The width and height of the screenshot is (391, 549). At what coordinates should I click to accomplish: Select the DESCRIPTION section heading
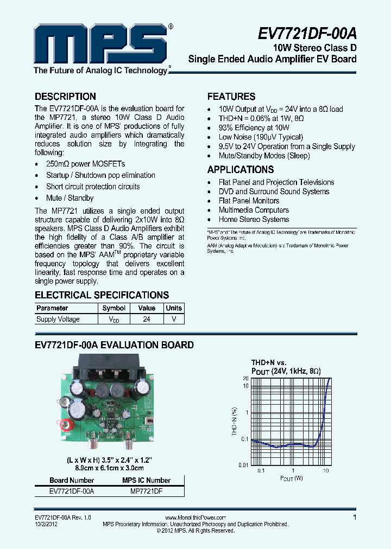tap(65, 97)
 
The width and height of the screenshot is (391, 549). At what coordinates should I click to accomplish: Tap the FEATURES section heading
tap(231, 97)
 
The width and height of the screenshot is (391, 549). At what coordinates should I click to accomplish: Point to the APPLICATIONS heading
tap(241, 169)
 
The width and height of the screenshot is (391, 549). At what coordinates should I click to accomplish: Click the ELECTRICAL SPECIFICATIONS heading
tap(102, 295)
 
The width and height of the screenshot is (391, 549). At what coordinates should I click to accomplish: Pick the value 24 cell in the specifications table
tap(147, 320)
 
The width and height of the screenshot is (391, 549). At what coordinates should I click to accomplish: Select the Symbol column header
tap(114, 308)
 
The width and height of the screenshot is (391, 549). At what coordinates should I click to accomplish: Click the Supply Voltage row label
tap(58, 320)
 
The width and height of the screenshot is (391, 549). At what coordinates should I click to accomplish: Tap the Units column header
tap(174, 308)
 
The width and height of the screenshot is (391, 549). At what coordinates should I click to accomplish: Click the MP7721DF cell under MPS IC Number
tap(147, 491)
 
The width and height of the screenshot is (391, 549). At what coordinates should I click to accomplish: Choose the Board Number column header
tap(72, 480)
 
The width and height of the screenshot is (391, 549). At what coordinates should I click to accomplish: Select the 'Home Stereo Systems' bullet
tap(254, 219)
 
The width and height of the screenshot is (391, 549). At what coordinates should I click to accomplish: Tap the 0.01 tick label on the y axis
tap(243, 465)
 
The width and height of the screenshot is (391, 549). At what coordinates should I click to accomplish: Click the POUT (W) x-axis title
tap(292, 478)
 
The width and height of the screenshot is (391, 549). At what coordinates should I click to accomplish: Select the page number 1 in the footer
tap(355, 518)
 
